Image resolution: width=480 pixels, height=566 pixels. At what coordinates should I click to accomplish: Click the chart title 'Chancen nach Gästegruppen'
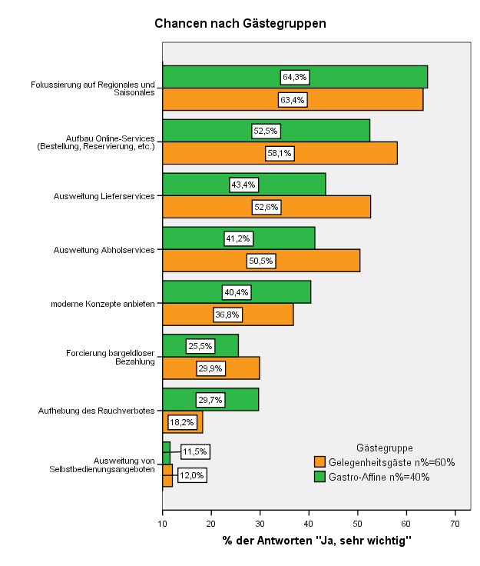pyautogui.click(x=240, y=24)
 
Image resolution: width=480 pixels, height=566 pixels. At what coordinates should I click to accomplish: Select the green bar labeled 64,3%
pyautogui.click(x=295, y=77)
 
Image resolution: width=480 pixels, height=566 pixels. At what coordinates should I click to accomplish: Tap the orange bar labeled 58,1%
pyautogui.click(x=280, y=153)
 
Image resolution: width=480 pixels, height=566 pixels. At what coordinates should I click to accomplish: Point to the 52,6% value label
pyautogui.click(x=266, y=207)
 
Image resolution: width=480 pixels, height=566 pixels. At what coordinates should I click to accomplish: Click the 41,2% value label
pyautogui.click(x=238, y=238)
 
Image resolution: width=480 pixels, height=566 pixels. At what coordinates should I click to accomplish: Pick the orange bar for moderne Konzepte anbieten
pyautogui.click(x=228, y=315)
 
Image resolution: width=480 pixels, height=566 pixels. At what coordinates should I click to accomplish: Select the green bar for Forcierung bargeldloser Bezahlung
pyautogui.click(x=200, y=346)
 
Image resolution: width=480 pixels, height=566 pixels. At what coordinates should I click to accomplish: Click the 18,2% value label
pyautogui.click(x=182, y=422)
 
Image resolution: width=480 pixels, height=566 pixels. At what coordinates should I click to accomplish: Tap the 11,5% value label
pyautogui.click(x=195, y=451)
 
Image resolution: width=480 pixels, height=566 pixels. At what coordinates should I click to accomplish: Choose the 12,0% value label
pyautogui.click(x=192, y=475)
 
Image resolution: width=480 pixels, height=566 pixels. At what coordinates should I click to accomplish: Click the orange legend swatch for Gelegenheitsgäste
pyautogui.click(x=319, y=462)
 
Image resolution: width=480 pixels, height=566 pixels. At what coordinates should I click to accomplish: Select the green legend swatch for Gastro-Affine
pyautogui.click(x=319, y=477)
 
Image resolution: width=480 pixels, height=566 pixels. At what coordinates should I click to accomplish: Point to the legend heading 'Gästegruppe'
pyautogui.click(x=385, y=448)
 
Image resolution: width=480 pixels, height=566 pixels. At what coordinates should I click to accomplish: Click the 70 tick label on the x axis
pyautogui.click(x=455, y=524)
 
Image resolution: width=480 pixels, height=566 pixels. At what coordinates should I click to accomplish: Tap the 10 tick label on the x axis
pyautogui.click(x=163, y=524)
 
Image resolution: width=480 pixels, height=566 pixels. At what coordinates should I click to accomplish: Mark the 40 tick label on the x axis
pyautogui.click(x=309, y=524)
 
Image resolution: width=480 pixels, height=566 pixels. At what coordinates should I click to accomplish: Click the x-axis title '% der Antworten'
pyautogui.click(x=267, y=541)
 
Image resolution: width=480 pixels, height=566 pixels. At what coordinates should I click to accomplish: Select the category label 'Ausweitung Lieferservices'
pyautogui.click(x=104, y=196)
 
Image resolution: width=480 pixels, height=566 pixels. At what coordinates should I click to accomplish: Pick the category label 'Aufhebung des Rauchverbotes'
pyautogui.click(x=97, y=411)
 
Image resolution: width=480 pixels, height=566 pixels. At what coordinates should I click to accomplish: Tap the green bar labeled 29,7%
pyautogui.click(x=210, y=400)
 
